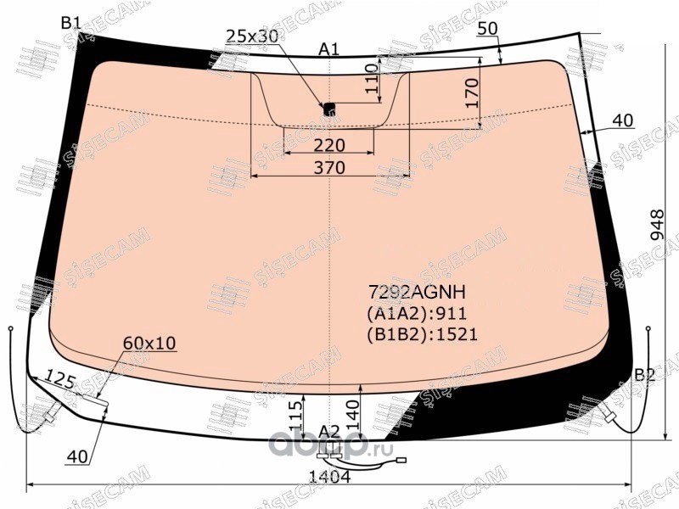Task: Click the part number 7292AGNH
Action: click(x=417, y=293)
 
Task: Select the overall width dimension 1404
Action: click(x=329, y=477)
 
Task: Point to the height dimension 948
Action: click(x=657, y=225)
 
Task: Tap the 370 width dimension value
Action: click(x=329, y=167)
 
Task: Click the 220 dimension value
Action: click(x=329, y=145)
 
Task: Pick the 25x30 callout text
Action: click(x=252, y=36)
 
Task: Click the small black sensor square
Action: click(x=330, y=109)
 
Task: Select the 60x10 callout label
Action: click(x=150, y=344)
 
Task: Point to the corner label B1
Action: click(x=70, y=23)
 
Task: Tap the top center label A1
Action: click(x=329, y=50)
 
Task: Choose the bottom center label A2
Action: click(x=329, y=432)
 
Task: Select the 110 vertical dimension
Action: click(x=372, y=78)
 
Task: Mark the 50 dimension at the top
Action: click(x=488, y=29)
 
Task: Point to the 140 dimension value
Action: click(x=352, y=415)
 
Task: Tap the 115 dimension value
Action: click(x=297, y=416)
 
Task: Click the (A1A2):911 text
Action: click(x=417, y=313)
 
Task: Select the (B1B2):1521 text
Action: click(x=422, y=334)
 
